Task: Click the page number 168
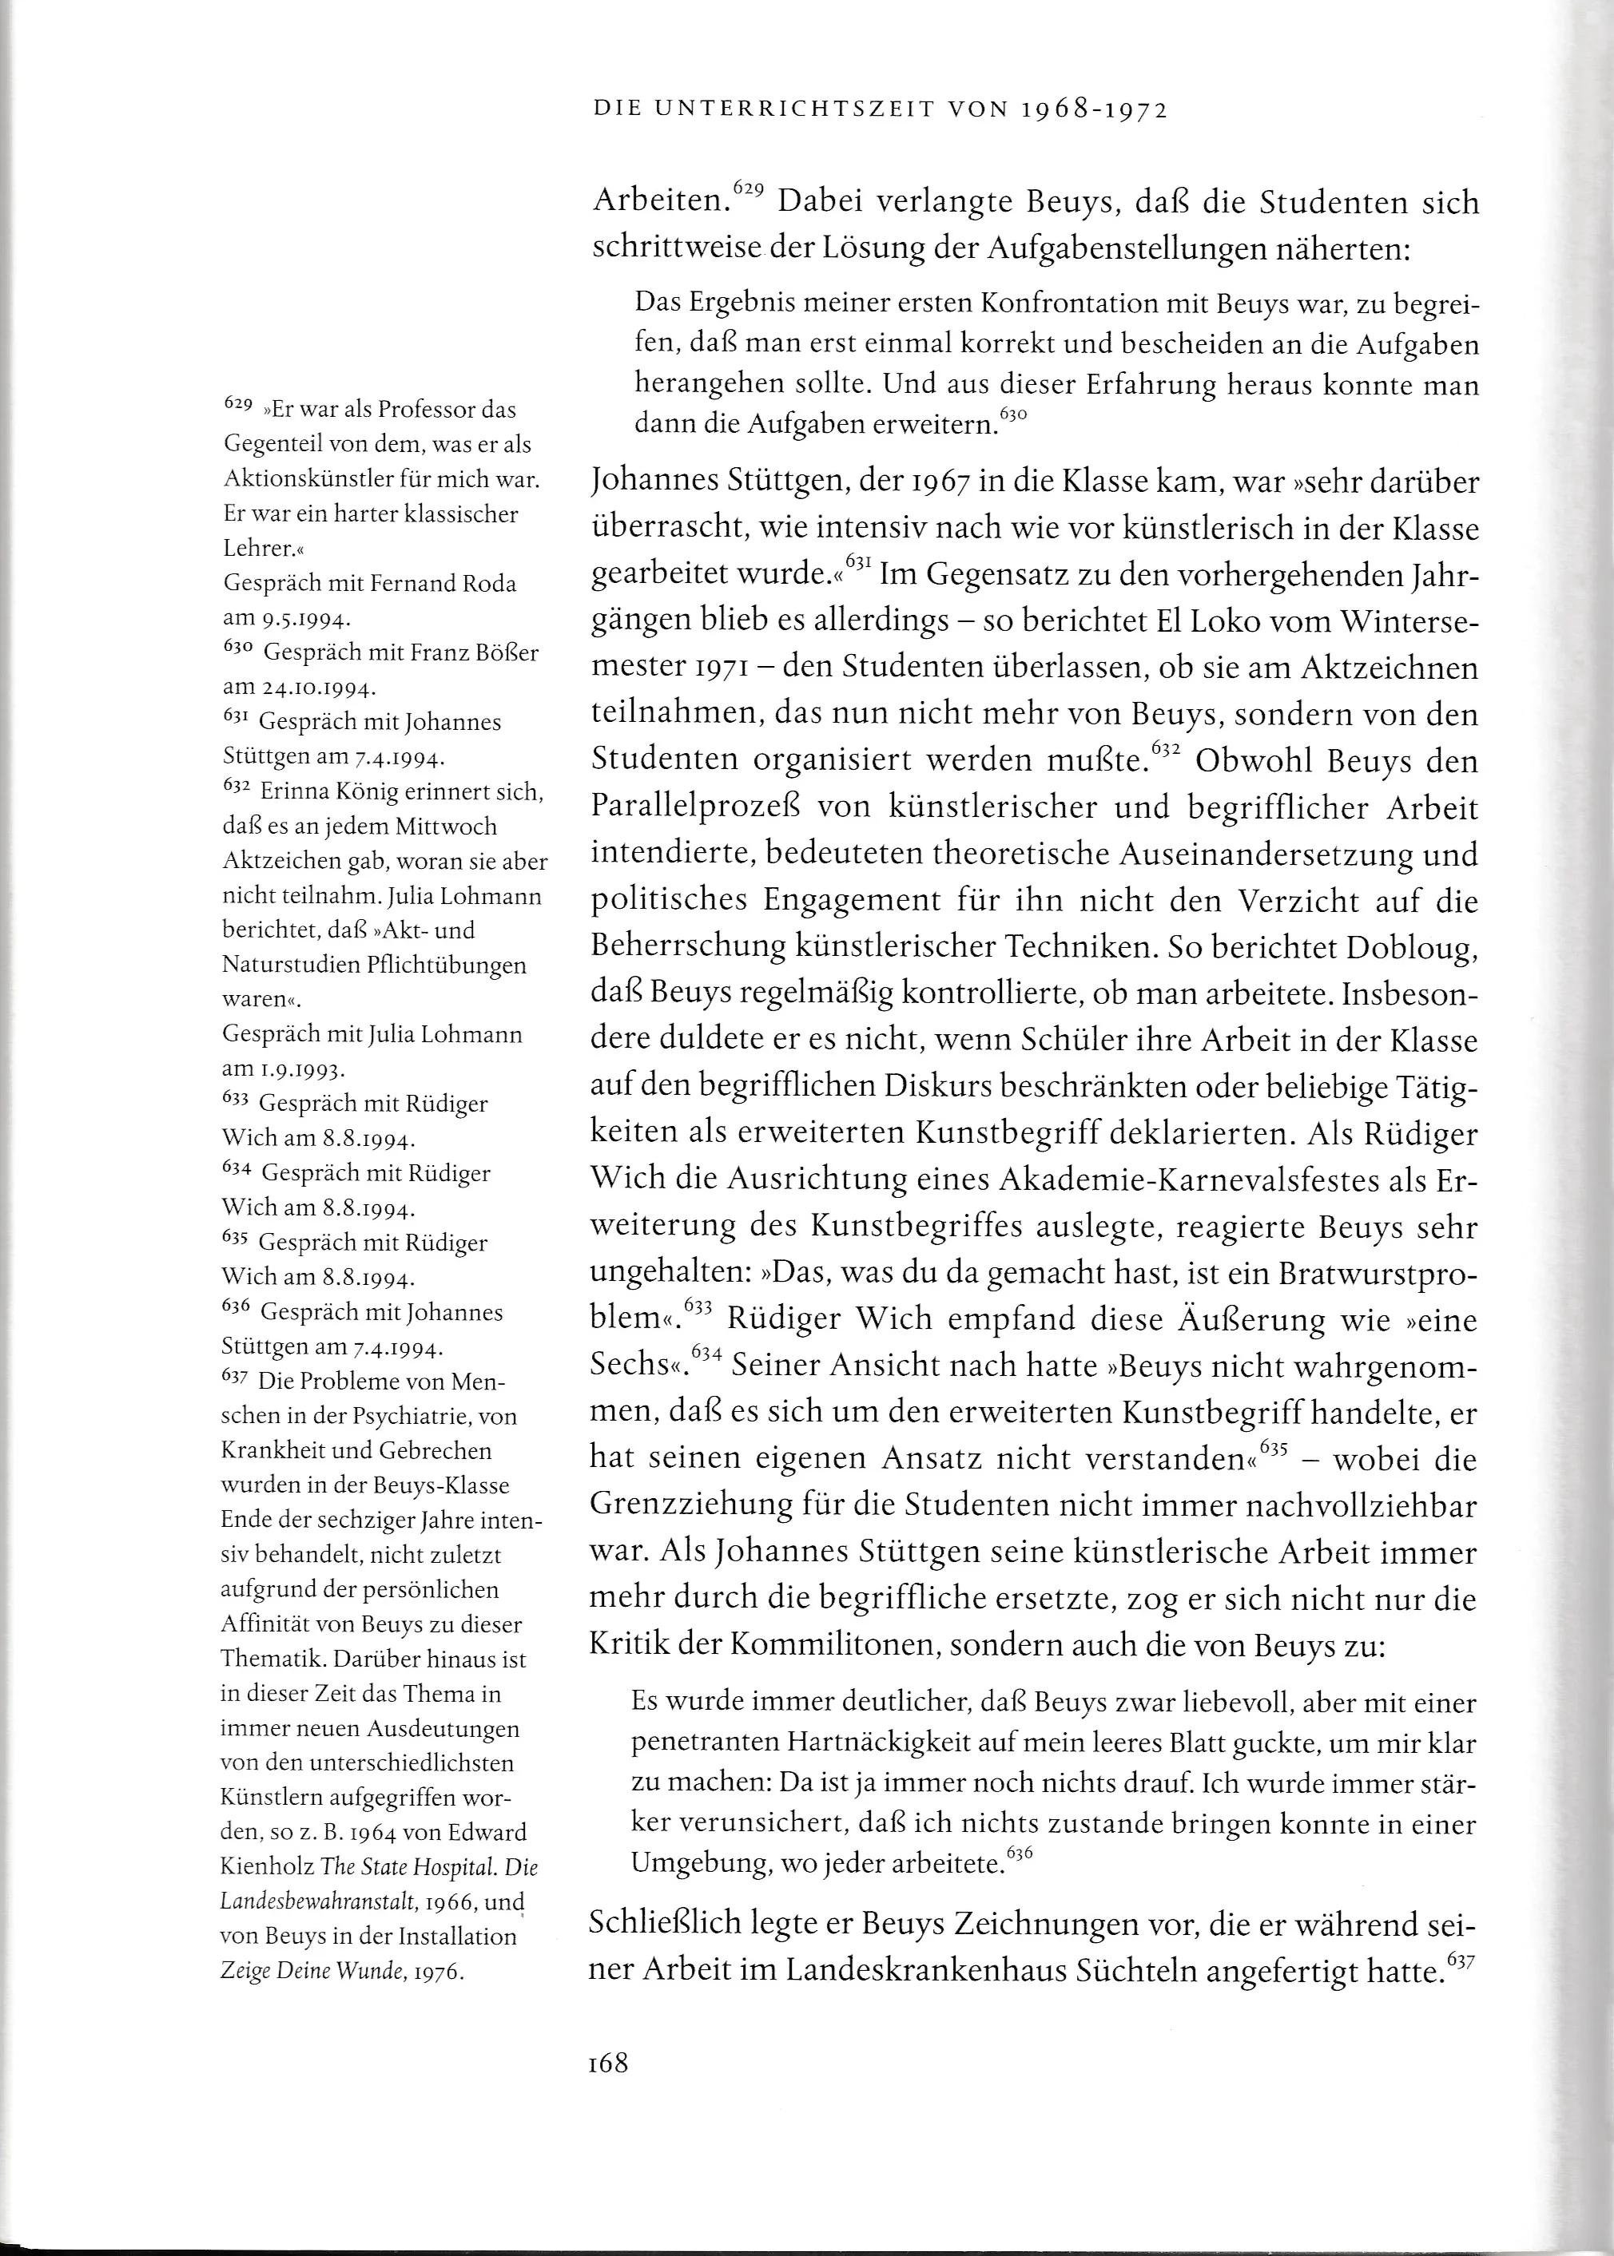608,2064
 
